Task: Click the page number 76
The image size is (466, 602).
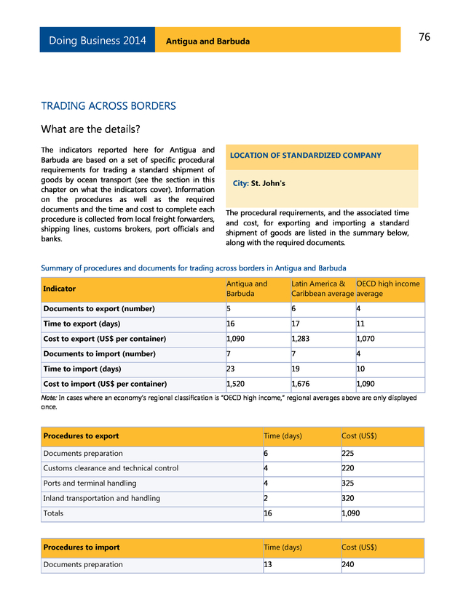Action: click(424, 37)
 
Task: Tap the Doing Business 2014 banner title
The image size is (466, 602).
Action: click(97, 41)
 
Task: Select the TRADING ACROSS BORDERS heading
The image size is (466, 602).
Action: click(108, 106)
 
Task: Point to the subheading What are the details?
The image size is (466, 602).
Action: click(90, 130)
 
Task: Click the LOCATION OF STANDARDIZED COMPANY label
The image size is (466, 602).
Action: click(305, 156)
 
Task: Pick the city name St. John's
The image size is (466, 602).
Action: click(268, 184)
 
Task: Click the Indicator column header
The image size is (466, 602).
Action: click(59, 289)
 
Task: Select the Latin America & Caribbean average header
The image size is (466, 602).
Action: click(323, 289)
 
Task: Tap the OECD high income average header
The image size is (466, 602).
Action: click(387, 289)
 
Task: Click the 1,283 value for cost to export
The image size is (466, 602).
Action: click(302, 339)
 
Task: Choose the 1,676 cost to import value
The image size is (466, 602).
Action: click(302, 384)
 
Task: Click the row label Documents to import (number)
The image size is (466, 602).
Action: click(99, 354)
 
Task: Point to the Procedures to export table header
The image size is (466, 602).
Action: click(81, 436)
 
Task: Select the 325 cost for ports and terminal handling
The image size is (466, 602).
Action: click(349, 483)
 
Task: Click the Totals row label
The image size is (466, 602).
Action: click(53, 513)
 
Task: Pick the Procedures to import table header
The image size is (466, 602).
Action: click(82, 547)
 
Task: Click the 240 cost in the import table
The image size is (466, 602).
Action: click(349, 564)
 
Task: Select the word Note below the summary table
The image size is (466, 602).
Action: click(50, 398)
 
